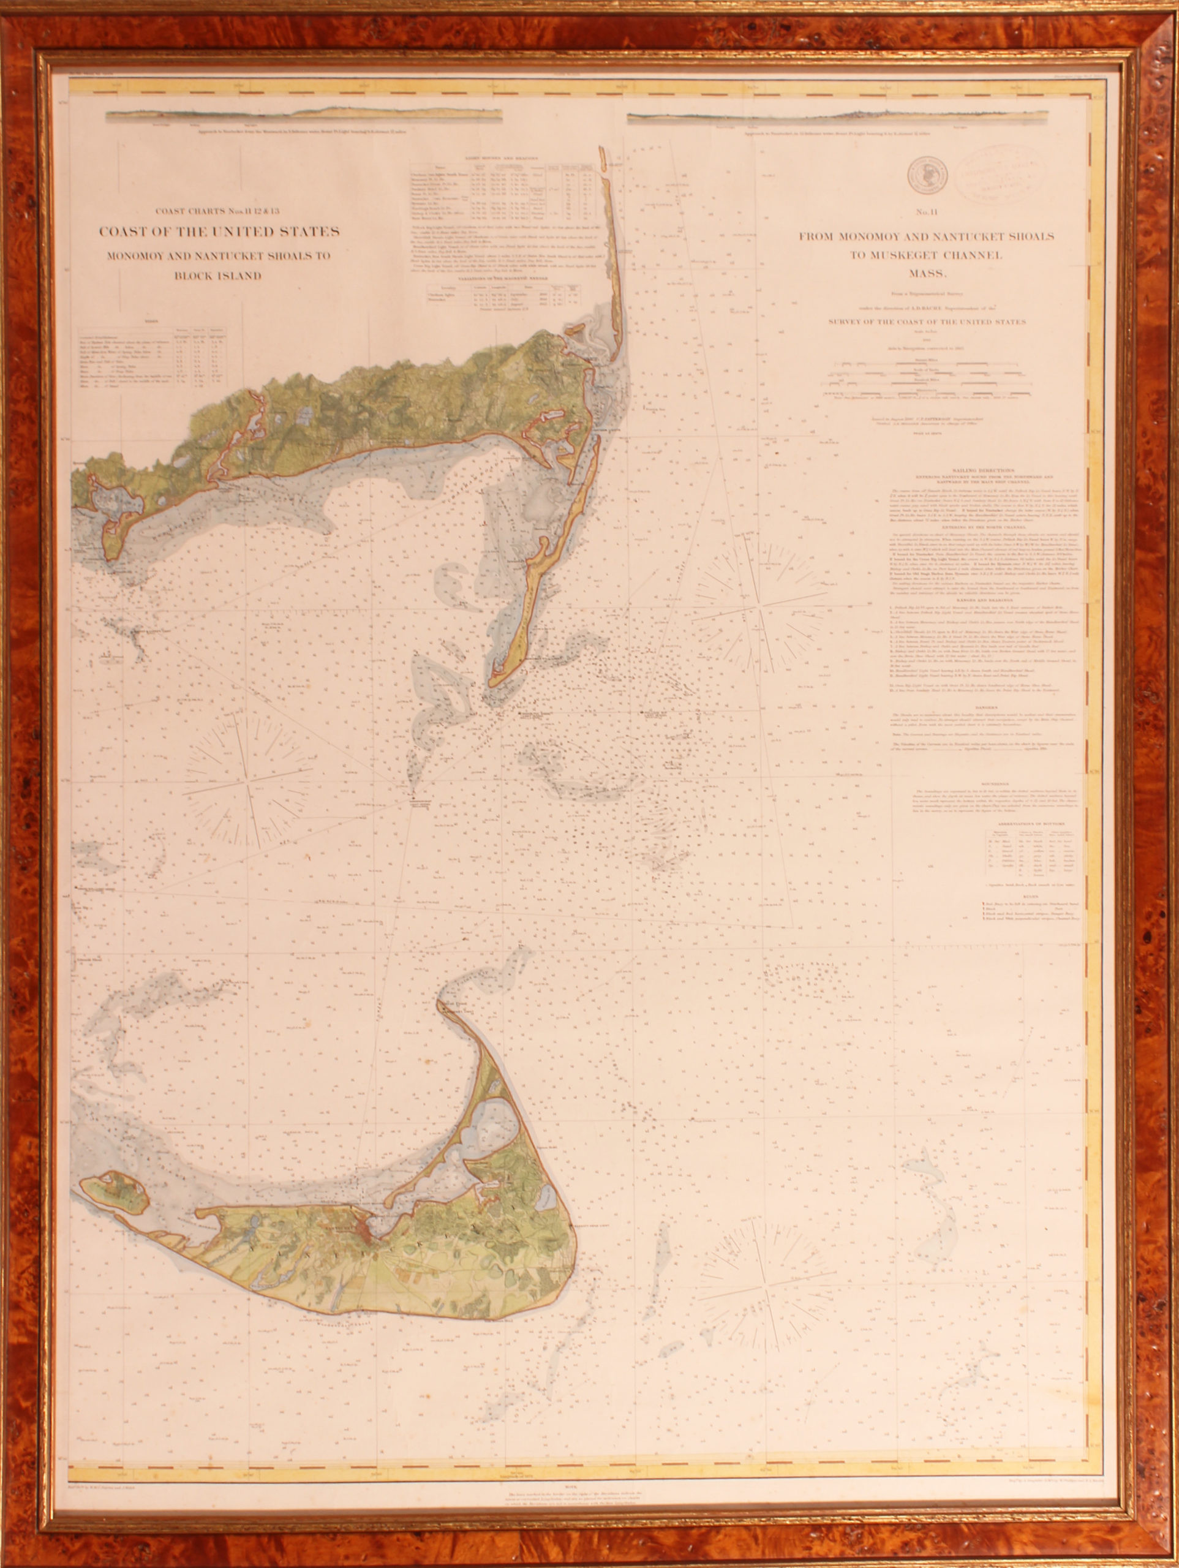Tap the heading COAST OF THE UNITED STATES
pos(219,231)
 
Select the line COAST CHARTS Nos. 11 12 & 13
pos(219,210)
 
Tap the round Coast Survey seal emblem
pos(925,173)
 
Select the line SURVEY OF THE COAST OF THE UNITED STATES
pos(927,321)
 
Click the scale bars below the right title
pos(926,375)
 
